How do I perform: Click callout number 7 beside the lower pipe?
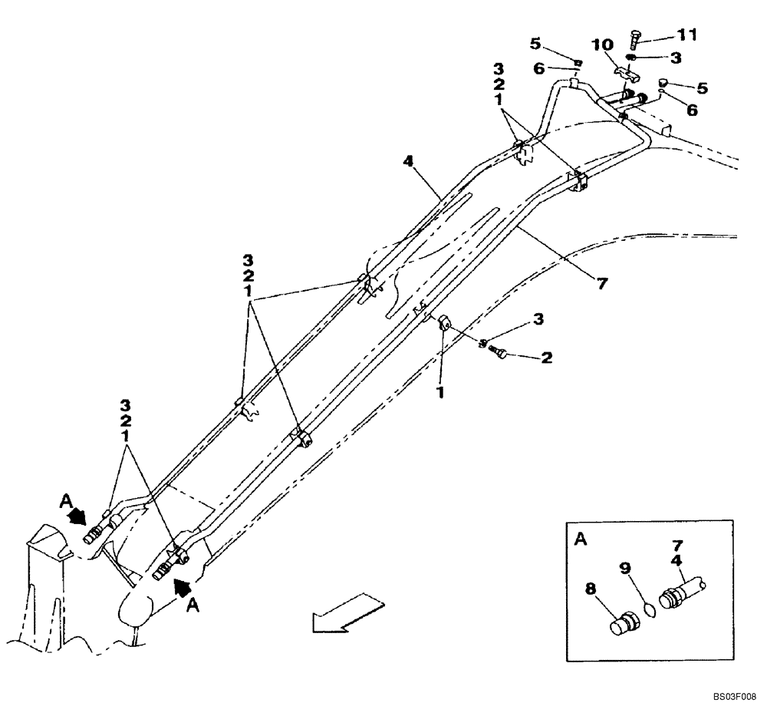pyautogui.click(x=602, y=284)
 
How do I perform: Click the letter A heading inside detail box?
pyautogui.click(x=581, y=541)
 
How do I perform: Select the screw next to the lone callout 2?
pyautogui.click(x=496, y=352)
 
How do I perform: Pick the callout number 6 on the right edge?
pyautogui.click(x=693, y=111)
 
